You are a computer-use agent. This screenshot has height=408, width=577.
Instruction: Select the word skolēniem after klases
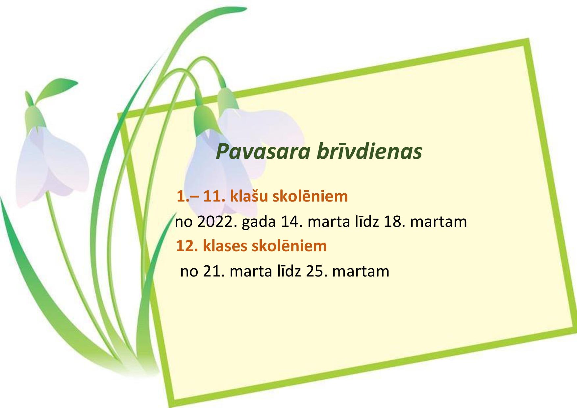click(x=290, y=246)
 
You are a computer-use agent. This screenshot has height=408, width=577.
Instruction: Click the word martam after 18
click(x=439, y=222)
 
